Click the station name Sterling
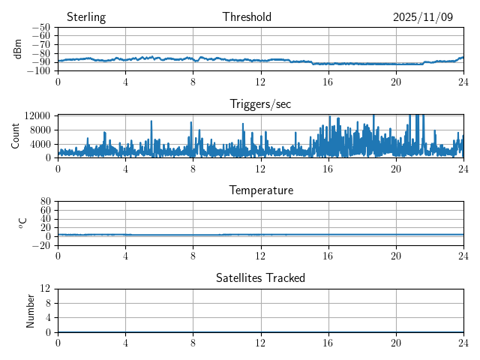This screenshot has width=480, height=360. [86, 17]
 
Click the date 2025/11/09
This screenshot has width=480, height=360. [423, 17]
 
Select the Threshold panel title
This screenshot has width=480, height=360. [247, 17]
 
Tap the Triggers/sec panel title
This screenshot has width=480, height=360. [260, 104]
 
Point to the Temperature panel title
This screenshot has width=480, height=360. [260, 190]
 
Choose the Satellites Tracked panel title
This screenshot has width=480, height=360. [260, 277]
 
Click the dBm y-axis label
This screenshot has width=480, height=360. [18, 49]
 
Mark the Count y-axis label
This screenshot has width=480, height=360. [16, 136]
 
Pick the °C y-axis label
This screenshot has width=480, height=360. [23, 223]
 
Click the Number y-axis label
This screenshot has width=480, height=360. [31, 310]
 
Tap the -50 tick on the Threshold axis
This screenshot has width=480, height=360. [40, 28]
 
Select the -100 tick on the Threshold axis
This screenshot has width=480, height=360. [38, 71]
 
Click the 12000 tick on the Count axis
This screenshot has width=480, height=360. [37, 115]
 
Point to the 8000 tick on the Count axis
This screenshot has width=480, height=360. [40, 129]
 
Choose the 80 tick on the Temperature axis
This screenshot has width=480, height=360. [46, 202]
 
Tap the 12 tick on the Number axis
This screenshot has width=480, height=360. [46, 289]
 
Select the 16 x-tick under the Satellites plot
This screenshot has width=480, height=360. [328, 343]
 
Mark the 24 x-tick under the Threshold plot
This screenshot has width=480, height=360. [463, 82]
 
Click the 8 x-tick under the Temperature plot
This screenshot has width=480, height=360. [193, 256]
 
